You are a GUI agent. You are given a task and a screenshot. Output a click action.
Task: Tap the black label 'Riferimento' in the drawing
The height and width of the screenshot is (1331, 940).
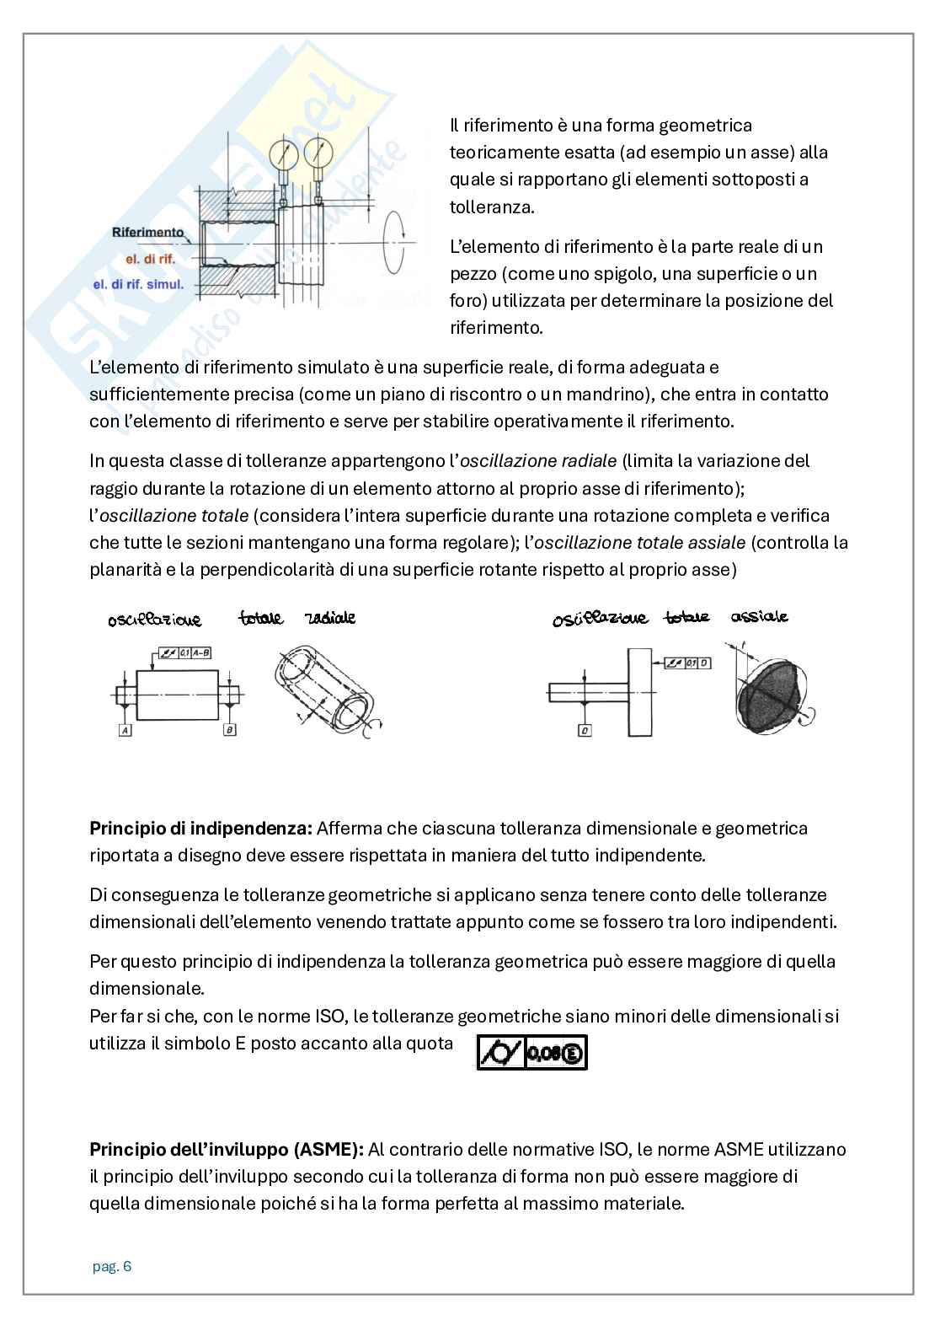(148, 232)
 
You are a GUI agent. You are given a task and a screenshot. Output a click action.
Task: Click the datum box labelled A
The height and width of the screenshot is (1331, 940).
(126, 730)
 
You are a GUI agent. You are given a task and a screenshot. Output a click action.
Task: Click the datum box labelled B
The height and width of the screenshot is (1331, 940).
(229, 730)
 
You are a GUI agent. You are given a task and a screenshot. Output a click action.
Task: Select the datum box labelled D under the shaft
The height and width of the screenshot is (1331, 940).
(585, 730)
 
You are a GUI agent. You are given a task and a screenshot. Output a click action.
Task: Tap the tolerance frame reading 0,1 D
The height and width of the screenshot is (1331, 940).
(688, 663)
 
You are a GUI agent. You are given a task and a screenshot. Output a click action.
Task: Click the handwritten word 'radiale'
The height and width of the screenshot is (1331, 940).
(330, 618)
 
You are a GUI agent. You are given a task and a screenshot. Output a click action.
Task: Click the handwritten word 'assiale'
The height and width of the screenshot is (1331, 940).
(760, 617)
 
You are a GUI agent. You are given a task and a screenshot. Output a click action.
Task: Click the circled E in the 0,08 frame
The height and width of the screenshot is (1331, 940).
(572, 1053)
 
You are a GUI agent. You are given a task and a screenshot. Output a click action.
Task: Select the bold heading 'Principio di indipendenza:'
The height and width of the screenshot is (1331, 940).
(201, 829)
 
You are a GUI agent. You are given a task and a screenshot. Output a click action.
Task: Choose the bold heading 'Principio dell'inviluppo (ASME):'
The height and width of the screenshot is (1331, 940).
(227, 1150)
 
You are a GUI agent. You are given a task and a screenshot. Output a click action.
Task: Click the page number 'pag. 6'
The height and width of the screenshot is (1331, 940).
(112, 1266)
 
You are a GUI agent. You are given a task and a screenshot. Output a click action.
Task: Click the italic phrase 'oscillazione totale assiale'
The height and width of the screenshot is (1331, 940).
(639, 542)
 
